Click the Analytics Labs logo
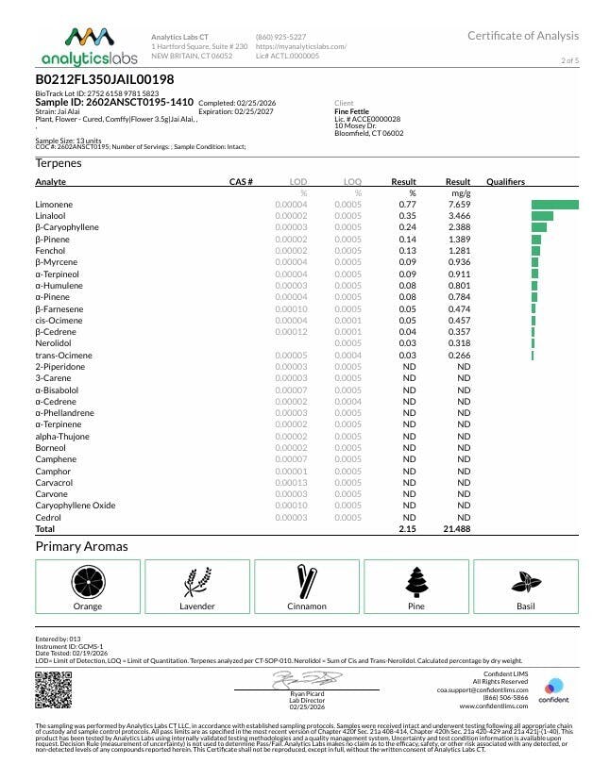(87, 46)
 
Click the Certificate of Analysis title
(522, 36)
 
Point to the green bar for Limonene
(554, 204)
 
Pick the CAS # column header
(241, 181)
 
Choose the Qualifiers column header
(505, 181)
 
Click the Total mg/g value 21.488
(456, 529)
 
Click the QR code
(47, 689)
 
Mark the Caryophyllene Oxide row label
(76, 506)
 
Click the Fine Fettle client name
(351, 111)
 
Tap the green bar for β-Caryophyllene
(539, 227)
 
